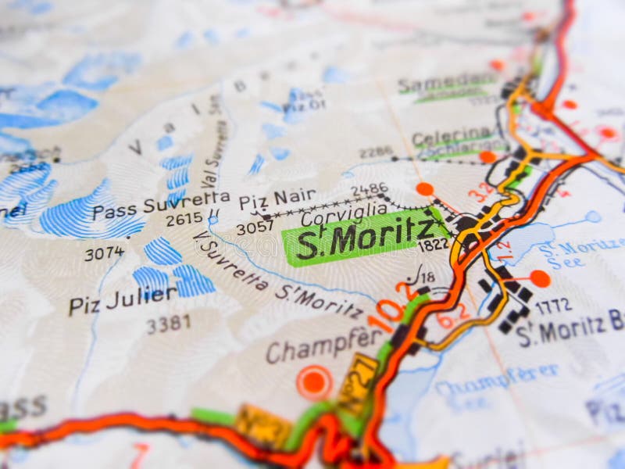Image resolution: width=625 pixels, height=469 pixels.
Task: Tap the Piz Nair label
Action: coord(277,199)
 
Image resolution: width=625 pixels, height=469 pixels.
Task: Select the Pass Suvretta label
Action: coord(161,205)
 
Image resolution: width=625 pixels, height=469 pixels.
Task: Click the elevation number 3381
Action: coord(168,324)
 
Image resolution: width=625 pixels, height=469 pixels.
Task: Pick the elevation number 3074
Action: coord(104,253)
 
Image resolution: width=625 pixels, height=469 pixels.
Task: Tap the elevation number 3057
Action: coord(255,227)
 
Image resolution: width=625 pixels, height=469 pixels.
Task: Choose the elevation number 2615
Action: coord(184,220)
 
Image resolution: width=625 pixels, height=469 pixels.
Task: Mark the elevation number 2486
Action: coord(369,189)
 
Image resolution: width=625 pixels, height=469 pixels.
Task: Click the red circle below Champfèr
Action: coord(314,382)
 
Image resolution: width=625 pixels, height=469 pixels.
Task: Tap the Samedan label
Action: coord(445,84)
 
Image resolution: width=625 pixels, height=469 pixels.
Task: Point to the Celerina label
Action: coord(452,138)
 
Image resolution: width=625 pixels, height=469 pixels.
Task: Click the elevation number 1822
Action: coord(433,245)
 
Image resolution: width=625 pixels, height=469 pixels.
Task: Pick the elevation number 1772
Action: coord(553,306)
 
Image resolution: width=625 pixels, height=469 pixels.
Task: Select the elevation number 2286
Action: coord(376,152)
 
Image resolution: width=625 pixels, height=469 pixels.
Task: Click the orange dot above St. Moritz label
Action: coord(425,188)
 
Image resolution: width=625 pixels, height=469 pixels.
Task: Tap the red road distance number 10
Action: coord(385,311)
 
